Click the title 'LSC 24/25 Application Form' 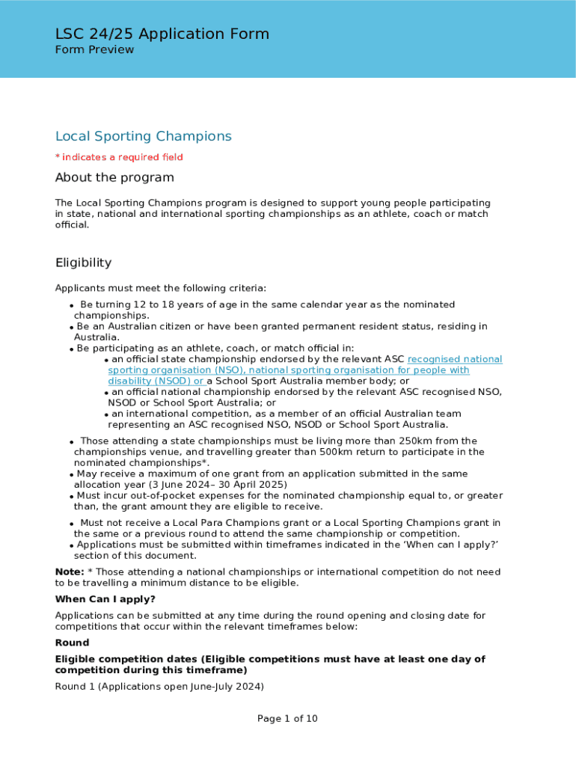(162, 34)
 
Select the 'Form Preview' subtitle (94, 49)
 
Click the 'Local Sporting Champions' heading (143, 136)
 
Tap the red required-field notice (119, 157)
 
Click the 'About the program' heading (114, 177)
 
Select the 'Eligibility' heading (83, 263)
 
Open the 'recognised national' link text (455, 359)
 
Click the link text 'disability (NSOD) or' (156, 381)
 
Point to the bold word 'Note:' (70, 572)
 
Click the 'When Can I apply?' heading (105, 599)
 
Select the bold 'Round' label (72, 643)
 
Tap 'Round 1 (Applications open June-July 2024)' (159, 686)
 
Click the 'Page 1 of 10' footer (287, 719)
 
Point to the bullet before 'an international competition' (107, 414)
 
